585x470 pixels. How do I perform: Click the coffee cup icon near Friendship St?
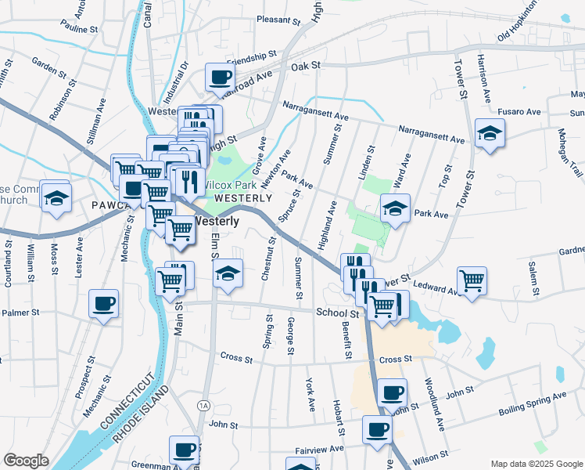[x=220, y=78]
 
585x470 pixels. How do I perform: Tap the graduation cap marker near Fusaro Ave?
[x=490, y=133]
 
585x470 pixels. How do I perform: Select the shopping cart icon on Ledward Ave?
[x=472, y=280]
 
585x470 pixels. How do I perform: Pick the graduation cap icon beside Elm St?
[x=228, y=274]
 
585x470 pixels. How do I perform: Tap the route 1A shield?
[x=204, y=405]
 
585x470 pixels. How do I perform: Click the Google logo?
[x=26, y=461]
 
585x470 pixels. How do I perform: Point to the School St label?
[x=337, y=313]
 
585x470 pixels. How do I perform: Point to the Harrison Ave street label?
[x=485, y=78]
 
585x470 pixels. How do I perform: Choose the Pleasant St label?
[x=262, y=19]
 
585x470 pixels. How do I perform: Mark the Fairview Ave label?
[x=320, y=449]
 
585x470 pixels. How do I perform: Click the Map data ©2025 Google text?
[x=536, y=464]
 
